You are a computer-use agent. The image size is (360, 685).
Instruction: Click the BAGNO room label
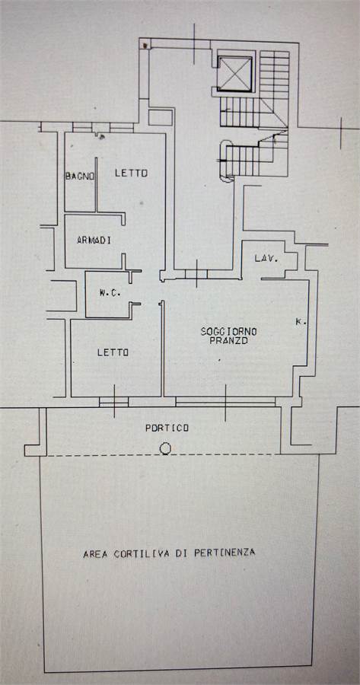79,177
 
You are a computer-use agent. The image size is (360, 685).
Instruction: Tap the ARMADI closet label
94,240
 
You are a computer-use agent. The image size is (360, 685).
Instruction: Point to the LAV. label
266,259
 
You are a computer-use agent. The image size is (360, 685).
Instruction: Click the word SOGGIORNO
229,332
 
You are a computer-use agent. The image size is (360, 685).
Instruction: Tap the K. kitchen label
301,323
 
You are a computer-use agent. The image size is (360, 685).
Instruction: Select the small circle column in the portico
165,448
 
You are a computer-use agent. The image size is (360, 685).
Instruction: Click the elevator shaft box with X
235,74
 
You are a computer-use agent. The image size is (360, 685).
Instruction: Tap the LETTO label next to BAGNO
131,173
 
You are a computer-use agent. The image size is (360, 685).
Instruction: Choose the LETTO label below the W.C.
113,352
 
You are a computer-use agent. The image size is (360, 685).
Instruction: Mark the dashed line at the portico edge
161,456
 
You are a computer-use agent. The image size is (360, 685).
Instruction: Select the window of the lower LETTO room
114,401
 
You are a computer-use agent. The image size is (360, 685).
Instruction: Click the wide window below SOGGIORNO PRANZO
225,401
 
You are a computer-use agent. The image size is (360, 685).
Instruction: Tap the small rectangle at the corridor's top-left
161,117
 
